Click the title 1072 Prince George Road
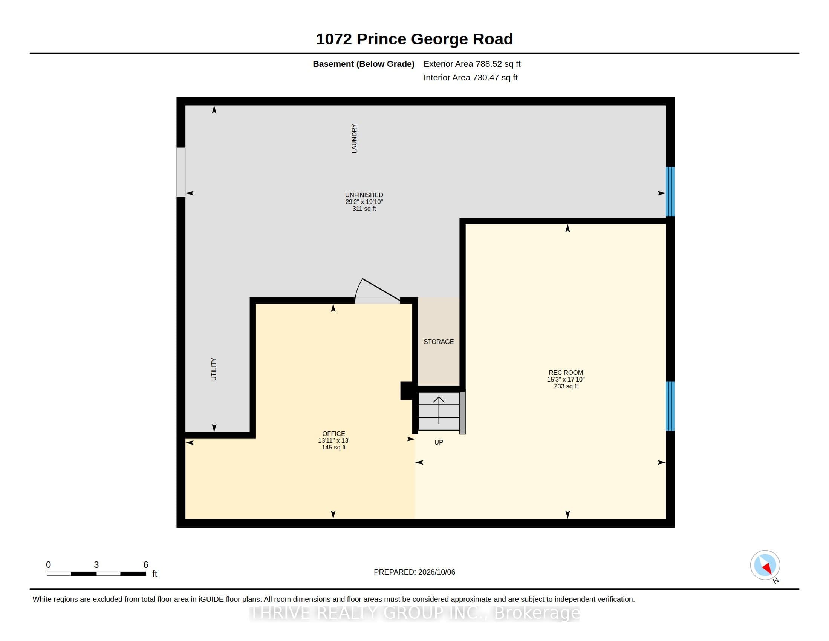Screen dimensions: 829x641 pyautogui.click(x=414, y=39)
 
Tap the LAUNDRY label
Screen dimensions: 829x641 pyautogui.click(x=354, y=138)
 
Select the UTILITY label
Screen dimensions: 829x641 pyautogui.click(x=214, y=369)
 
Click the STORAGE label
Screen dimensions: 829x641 pyautogui.click(x=439, y=342)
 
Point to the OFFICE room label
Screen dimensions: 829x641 pyautogui.click(x=333, y=434)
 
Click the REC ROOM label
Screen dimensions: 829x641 pyautogui.click(x=566, y=373)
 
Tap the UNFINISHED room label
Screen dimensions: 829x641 pyautogui.click(x=364, y=195)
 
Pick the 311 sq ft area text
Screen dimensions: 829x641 pyautogui.click(x=364, y=209)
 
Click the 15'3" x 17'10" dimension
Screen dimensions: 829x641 pyautogui.click(x=566, y=379)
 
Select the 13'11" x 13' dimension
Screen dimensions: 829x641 pyautogui.click(x=333, y=440)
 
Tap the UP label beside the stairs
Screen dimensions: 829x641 pyautogui.click(x=438, y=442)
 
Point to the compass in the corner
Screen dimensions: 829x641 pyautogui.click(x=765, y=565)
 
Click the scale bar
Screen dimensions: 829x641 pyautogui.click(x=96, y=574)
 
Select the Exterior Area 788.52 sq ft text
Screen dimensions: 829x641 pyautogui.click(x=472, y=64)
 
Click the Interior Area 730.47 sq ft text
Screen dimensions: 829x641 pyautogui.click(x=470, y=77)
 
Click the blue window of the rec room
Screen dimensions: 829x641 pyautogui.click(x=670, y=406)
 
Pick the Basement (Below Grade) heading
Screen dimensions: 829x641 pyautogui.click(x=363, y=64)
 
